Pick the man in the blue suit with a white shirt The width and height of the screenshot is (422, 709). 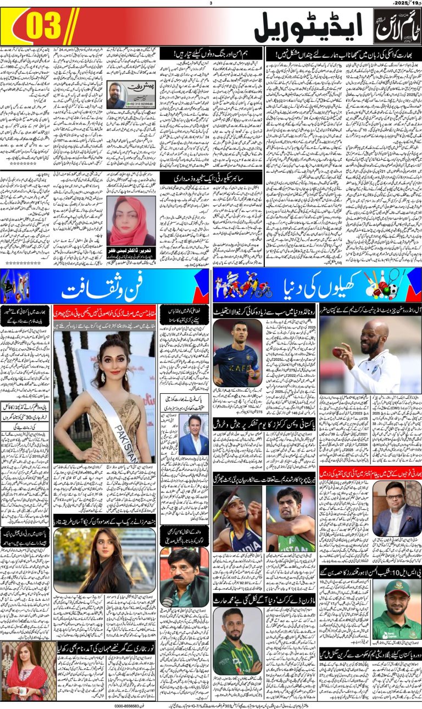coord(195,435)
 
